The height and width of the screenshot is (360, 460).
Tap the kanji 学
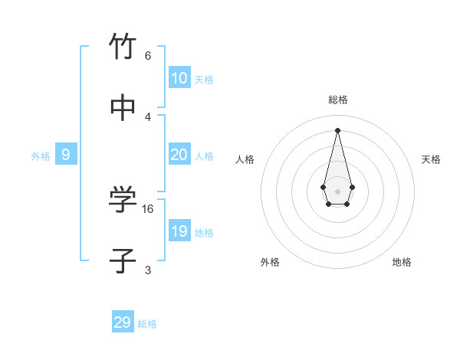click(123, 200)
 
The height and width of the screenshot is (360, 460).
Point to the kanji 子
click(123, 261)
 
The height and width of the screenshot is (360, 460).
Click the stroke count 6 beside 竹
click(148, 55)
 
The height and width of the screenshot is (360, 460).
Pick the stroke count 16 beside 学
click(148, 208)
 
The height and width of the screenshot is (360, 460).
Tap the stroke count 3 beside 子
click(148, 270)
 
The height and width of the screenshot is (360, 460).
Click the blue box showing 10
click(179, 78)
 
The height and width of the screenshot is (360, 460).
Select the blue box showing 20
click(179, 155)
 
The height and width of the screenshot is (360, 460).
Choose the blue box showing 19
click(179, 231)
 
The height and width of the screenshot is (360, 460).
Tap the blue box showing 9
click(66, 155)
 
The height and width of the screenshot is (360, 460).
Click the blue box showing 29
click(123, 322)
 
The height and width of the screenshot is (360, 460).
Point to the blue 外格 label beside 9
click(41, 156)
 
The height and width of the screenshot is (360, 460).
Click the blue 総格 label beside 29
click(147, 324)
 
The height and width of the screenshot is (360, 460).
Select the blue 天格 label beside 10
click(204, 80)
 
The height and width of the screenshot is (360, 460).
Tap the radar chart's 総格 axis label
click(337, 100)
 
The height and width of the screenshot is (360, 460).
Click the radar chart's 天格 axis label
click(431, 159)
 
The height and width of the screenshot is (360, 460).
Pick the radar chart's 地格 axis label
click(402, 262)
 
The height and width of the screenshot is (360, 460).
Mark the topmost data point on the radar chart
click(337, 129)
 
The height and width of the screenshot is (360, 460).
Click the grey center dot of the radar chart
click(337, 191)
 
